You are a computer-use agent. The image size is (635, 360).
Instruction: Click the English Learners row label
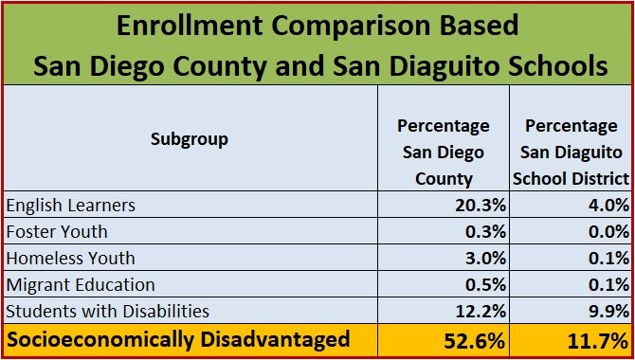click(x=71, y=205)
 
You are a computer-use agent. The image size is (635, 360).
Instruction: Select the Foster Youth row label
click(x=57, y=231)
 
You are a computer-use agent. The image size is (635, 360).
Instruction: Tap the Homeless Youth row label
click(x=70, y=258)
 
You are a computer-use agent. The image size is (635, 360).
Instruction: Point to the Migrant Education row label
click(x=80, y=284)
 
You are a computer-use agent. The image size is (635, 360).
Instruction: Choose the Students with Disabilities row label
click(x=107, y=311)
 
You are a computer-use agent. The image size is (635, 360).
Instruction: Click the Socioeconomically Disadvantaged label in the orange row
click(x=178, y=339)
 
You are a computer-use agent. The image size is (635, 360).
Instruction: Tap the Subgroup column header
click(x=190, y=139)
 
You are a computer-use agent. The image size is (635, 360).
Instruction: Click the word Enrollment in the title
click(x=198, y=26)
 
